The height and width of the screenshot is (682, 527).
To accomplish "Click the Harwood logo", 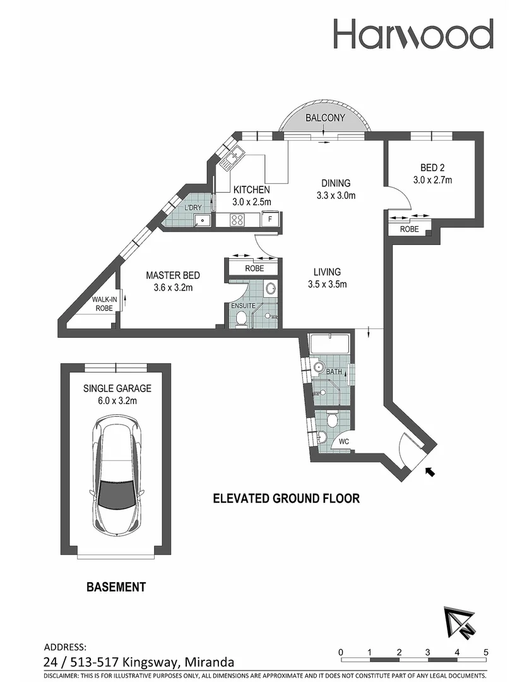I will [413, 34].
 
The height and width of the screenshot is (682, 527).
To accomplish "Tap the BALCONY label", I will [325, 117].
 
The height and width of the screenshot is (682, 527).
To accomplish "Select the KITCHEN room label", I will [251, 189].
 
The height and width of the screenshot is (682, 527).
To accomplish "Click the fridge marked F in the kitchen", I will [269, 220].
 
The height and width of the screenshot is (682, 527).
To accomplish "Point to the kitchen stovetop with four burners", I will [238, 220].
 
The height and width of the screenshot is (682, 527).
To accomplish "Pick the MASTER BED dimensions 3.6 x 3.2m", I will [172, 288].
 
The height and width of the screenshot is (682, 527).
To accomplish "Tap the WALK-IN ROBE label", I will [104, 304].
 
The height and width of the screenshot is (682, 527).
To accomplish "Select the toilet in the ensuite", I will [240, 320].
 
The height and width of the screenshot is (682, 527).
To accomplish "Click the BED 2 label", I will [432, 168].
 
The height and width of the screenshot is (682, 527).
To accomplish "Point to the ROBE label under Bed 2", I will [410, 230].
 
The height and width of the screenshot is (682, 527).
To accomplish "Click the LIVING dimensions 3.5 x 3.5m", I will [327, 284].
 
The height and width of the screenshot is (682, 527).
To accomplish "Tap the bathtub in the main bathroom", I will [330, 345].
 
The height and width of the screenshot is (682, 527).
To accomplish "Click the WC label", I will [345, 441].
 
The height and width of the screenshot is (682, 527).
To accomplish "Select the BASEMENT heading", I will [115, 587].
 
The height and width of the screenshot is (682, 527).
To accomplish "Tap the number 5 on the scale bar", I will [485, 652].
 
